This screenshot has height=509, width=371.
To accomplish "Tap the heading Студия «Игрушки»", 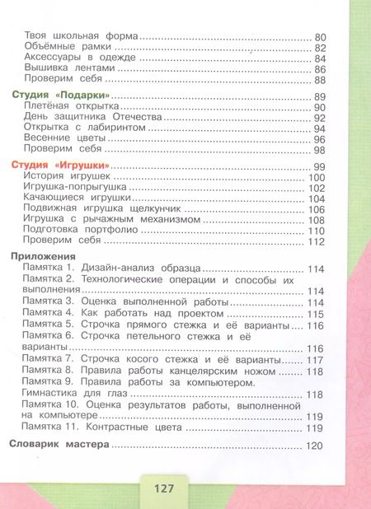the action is (x=63, y=166).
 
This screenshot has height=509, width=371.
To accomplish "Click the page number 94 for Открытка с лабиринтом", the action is (x=321, y=128).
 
